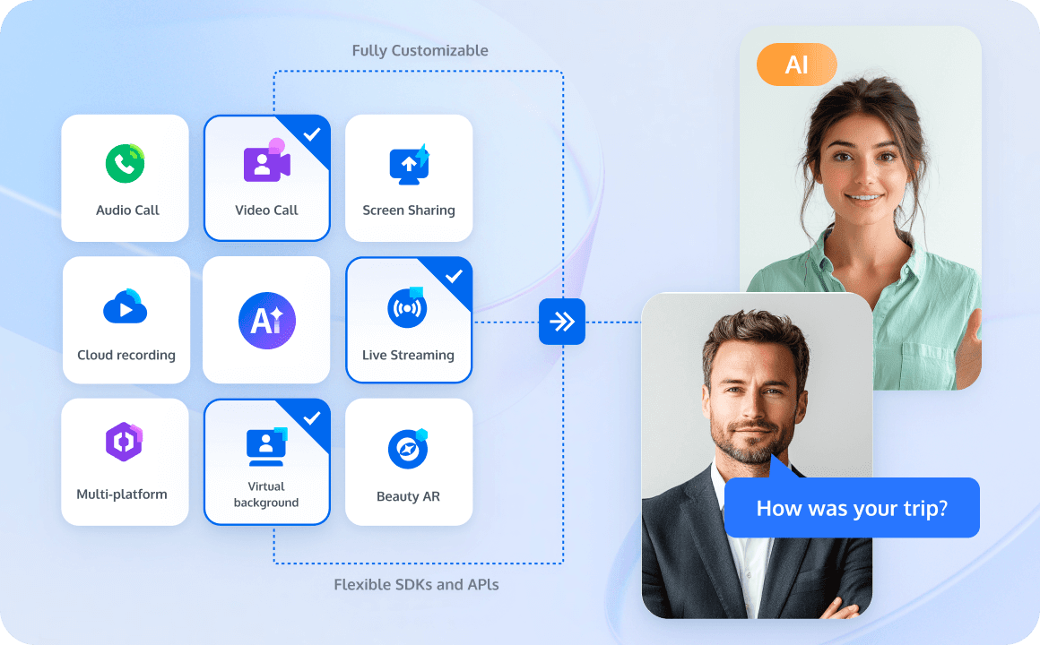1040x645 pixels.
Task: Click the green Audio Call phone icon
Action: [x=126, y=163]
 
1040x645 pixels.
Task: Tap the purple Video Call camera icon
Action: [x=266, y=160]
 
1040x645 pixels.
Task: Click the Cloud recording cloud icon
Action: [x=126, y=306]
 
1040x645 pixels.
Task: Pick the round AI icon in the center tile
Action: [x=266, y=320]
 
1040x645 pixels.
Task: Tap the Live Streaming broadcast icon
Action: [x=407, y=307]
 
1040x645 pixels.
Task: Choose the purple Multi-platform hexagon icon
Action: [x=124, y=442]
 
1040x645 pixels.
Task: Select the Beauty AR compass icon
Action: [x=408, y=449]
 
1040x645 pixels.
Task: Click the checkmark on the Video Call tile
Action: [x=312, y=134]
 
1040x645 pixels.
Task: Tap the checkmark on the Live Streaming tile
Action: [x=454, y=277]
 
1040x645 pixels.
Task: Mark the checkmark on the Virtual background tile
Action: [x=312, y=418]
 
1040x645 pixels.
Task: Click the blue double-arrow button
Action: [x=562, y=322]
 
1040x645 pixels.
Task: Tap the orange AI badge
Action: [x=796, y=64]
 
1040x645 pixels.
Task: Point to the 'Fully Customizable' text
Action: [x=420, y=50]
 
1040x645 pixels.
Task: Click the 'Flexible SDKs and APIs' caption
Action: [x=416, y=585]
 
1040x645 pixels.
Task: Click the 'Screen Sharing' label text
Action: [x=409, y=211]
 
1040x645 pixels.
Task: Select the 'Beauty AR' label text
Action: [x=408, y=496]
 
